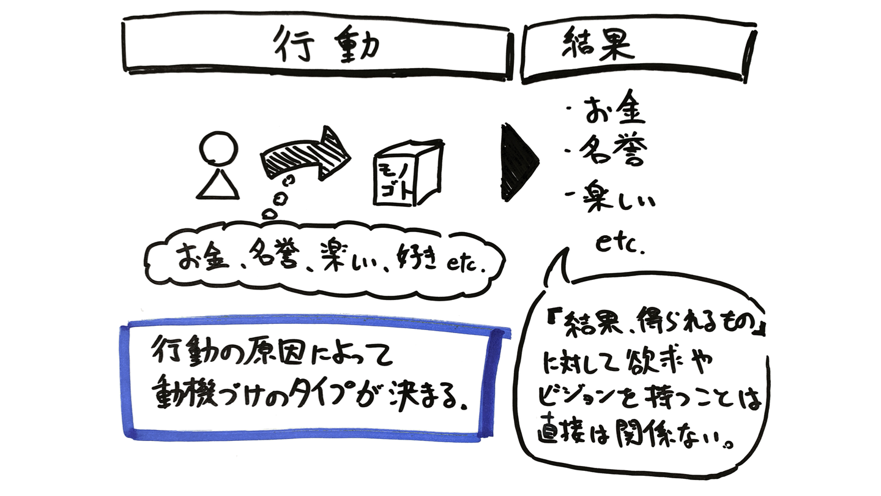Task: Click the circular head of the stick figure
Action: click(218, 149)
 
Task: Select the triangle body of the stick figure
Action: click(217, 183)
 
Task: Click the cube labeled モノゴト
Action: click(407, 175)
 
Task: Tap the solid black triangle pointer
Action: click(518, 162)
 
